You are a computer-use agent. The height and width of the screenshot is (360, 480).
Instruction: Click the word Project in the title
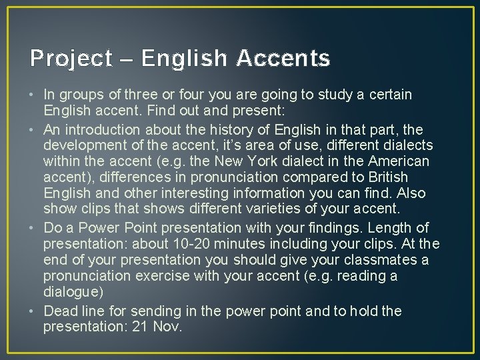[x=71, y=59]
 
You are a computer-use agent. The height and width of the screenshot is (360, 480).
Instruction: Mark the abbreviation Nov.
[x=168, y=327]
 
